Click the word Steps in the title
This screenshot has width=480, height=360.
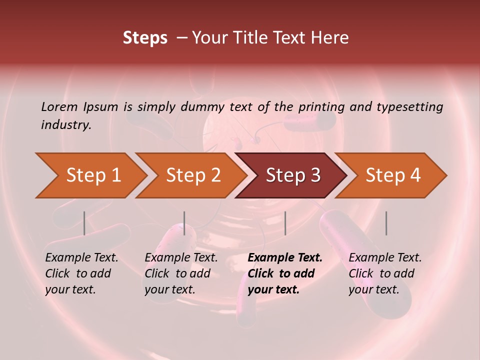[145, 38]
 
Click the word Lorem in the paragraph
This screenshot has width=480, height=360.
[59, 106]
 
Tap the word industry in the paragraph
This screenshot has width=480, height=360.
[66, 125]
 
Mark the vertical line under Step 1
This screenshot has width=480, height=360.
[84, 223]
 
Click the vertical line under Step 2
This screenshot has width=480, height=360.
[184, 223]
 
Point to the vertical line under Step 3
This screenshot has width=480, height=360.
[285, 223]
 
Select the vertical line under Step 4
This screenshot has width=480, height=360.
[386, 223]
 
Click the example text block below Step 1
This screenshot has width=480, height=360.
[81, 273]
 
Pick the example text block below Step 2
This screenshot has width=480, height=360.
[181, 273]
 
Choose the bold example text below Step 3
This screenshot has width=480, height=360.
[285, 273]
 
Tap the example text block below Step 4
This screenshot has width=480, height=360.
[385, 273]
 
